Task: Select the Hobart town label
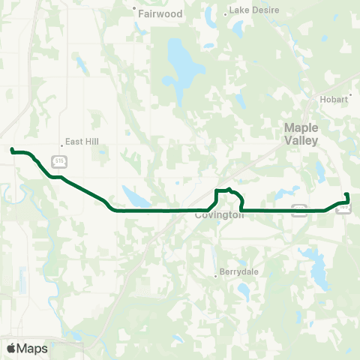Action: [335, 98]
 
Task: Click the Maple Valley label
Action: [301, 134]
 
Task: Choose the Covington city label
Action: [220, 215]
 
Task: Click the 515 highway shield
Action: [59, 160]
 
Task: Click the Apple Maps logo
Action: [28, 348]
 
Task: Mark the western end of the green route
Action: [12, 151]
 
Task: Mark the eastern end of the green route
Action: [346, 195]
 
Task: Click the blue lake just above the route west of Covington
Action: [135, 197]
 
